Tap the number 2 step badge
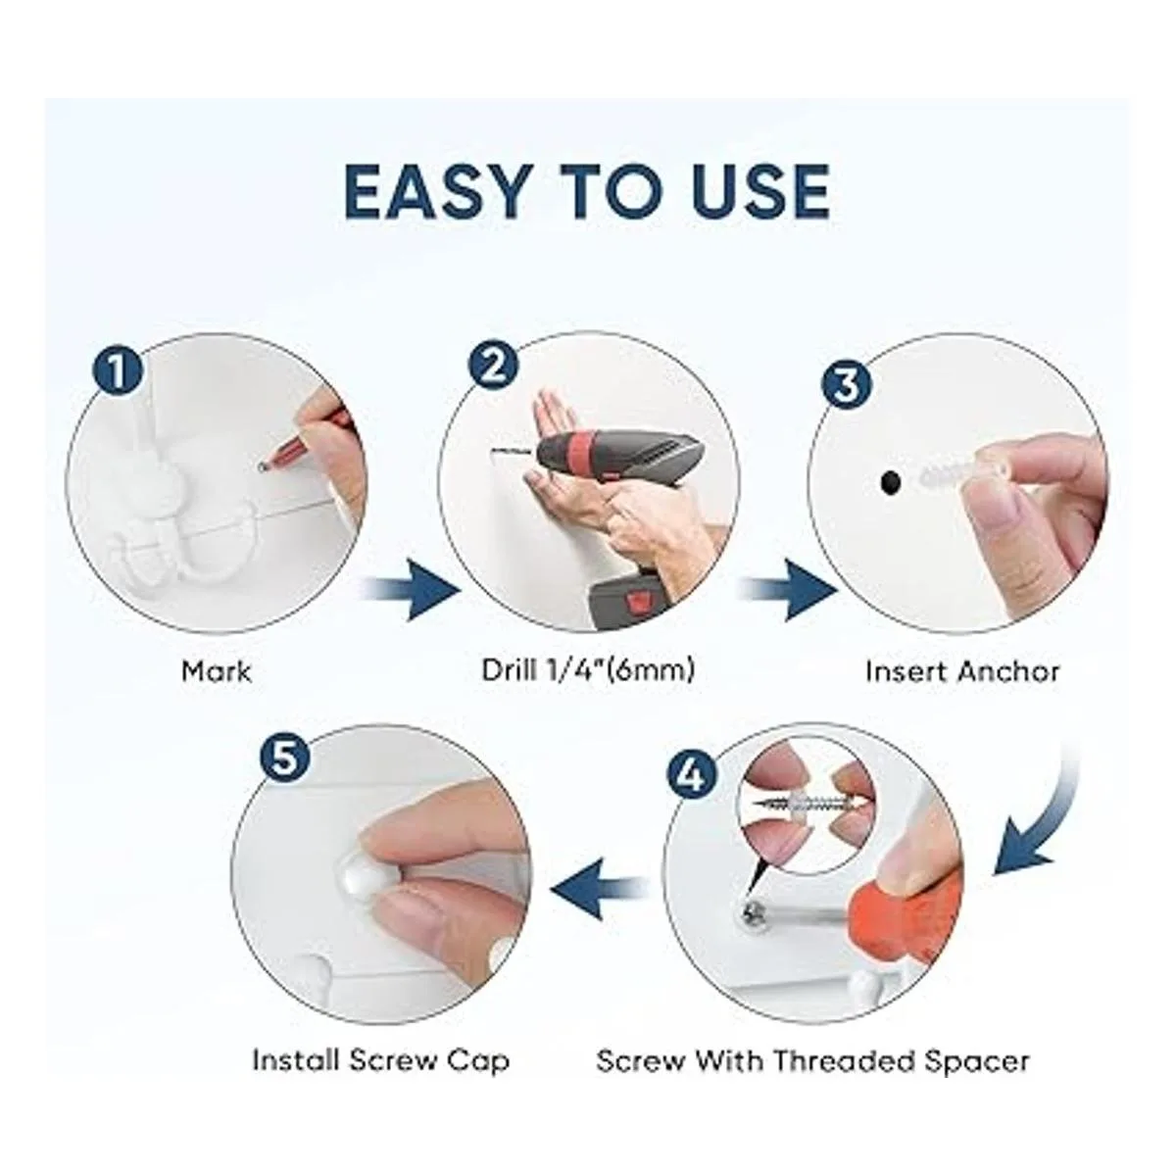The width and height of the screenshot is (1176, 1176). (x=493, y=366)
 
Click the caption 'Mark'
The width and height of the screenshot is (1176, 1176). (x=216, y=672)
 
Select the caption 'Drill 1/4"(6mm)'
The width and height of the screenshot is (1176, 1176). (x=588, y=670)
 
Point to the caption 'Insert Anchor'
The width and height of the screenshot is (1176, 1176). (x=962, y=672)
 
